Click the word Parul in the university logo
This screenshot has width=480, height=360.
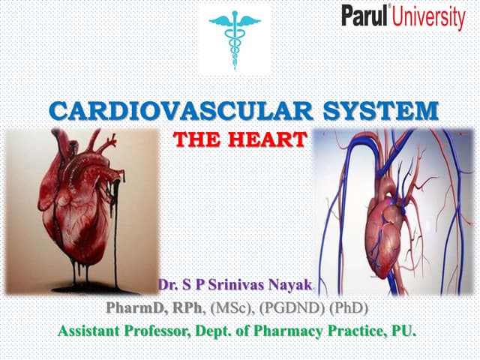pyautogui.click(x=366, y=16)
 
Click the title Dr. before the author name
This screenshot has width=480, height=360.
pyautogui.click(x=167, y=286)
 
